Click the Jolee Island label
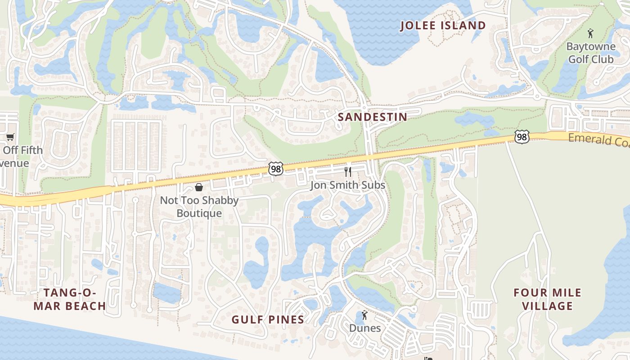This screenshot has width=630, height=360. (443, 26)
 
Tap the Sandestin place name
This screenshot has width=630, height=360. (372, 117)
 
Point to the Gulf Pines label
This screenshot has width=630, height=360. (268, 319)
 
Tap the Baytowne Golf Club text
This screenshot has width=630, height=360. (590, 53)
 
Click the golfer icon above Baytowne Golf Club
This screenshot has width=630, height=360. (590, 33)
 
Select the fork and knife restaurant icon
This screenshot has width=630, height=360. (347, 171)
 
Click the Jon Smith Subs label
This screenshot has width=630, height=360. (347, 185)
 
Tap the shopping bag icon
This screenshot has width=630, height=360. (198, 187)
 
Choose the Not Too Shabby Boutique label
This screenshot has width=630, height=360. (199, 207)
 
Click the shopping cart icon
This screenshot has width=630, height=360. (10, 137)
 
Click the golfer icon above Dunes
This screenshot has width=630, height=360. (364, 315)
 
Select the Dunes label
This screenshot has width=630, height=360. (365, 328)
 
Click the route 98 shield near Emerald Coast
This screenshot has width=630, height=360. (522, 137)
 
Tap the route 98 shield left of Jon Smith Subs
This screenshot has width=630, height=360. (275, 169)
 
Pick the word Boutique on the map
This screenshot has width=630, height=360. (199, 213)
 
